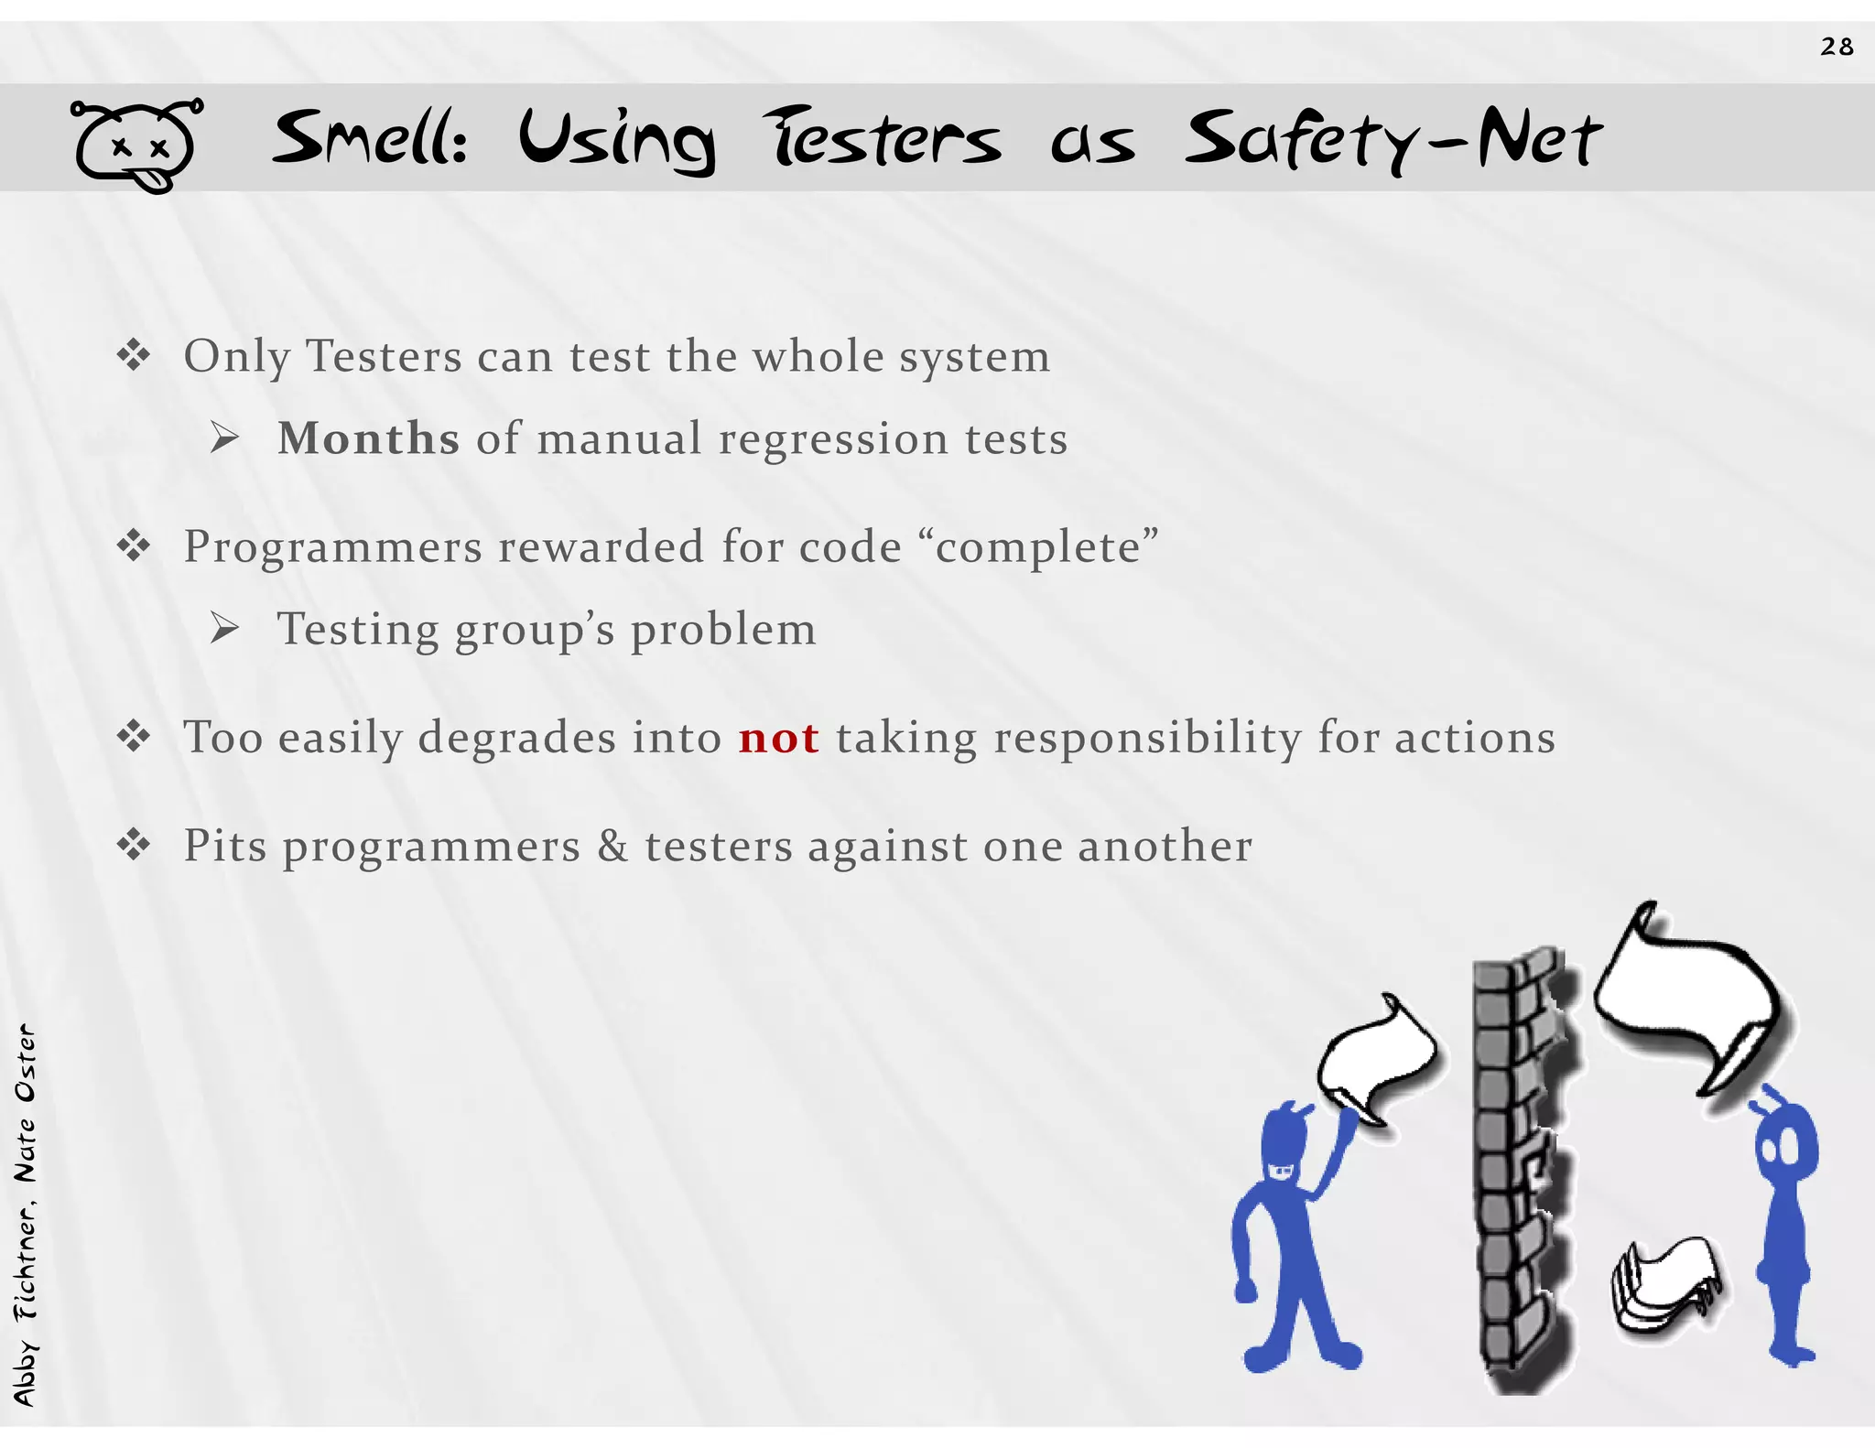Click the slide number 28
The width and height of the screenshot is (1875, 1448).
[1837, 47]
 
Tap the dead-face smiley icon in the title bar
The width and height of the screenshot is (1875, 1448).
[136, 146]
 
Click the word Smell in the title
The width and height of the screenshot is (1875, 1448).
[370, 140]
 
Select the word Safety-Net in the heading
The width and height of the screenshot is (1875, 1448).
[1393, 140]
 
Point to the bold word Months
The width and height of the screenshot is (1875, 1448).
[368, 438]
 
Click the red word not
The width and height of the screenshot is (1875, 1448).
[778, 738]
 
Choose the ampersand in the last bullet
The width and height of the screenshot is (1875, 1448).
[612, 846]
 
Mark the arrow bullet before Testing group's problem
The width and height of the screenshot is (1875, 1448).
[224, 629]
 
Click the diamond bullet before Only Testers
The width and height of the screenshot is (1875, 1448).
[134, 356]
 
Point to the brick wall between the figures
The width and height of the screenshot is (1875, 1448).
[1521, 1172]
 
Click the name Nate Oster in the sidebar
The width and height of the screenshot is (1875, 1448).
[26, 1103]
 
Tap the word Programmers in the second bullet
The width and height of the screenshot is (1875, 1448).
[332, 547]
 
